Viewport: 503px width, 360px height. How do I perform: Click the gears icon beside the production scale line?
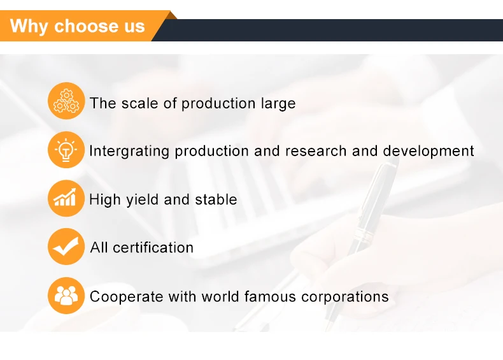(x=66, y=101)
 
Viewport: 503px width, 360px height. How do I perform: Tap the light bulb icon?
(x=66, y=150)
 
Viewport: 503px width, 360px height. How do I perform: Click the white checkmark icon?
(x=66, y=247)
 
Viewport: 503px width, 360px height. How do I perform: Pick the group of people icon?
(x=66, y=296)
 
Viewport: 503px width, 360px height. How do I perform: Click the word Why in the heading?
(x=29, y=27)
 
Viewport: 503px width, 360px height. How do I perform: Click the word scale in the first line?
(x=139, y=103)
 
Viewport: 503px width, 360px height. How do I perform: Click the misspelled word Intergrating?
(x=129, y=152)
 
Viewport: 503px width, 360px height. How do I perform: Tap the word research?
(x=316, y=151)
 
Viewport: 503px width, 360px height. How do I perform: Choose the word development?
(x=429, y=152)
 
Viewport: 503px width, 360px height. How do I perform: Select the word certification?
(x=153, y=248)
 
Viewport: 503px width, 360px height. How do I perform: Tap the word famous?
(x=270, y=296)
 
